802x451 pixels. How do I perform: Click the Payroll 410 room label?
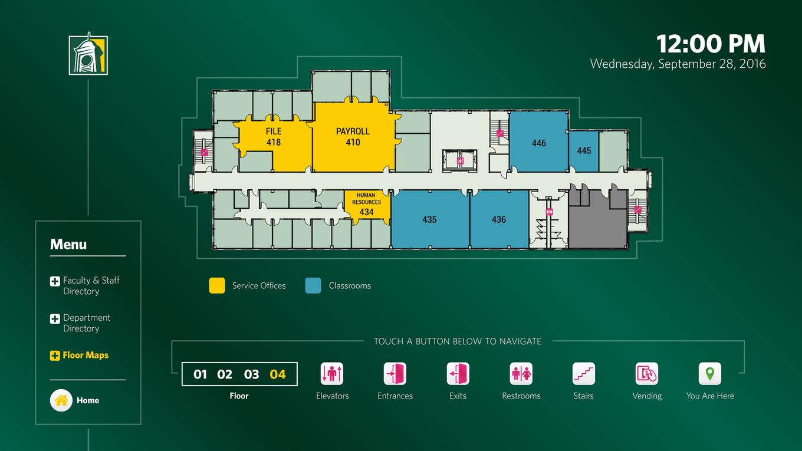pyautogui.click(x=353, y=137)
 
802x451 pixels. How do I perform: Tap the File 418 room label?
pyautogui.click(x=274, y=137)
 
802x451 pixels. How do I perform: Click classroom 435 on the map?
pyautogui.click(x=429, y=219)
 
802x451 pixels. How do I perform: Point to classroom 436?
pyautogui.click(x=499, y=219)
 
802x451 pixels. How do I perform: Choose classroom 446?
pyautogui.click(x=539, y=143)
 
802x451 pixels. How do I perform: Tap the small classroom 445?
pyautogui.click(x=584, y=150)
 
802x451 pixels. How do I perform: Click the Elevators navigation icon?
pyautogui.click(x=332, y=374)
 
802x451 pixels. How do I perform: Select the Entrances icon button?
pyautogui.click(x=395, y=374)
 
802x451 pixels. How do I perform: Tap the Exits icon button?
pyautogui.click(x=458, y=374)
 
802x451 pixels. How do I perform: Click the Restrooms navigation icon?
pyautogui.click(x=521, y=374)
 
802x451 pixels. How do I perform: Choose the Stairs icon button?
pyautogui.click(x=583, y=374)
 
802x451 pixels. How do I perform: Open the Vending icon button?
pyautogui.click(x=647, y=374)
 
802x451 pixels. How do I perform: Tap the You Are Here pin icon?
pyautogui.click(x=710, y=374)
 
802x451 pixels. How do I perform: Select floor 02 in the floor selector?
pyautogui.click(x=225, y=374)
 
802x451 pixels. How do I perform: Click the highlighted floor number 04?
pyautogui.click(x=278, y=374)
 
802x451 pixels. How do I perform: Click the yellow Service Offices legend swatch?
pyautogui.click(x=217, y=285)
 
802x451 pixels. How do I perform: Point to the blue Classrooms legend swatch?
pyautogui.click(x=313, y=285)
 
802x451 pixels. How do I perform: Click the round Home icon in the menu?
pyautogui.click(x=61, y=400)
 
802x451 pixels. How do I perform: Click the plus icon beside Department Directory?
pyautogui.click(x=55, y=318)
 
